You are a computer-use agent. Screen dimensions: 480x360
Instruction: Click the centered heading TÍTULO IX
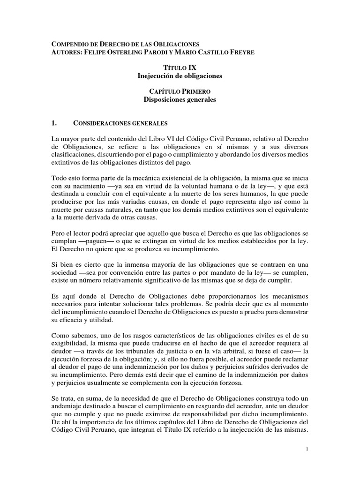180,68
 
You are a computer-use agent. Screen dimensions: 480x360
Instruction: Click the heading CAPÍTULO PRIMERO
180,92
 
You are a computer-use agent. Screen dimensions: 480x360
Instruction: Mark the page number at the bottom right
306,449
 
